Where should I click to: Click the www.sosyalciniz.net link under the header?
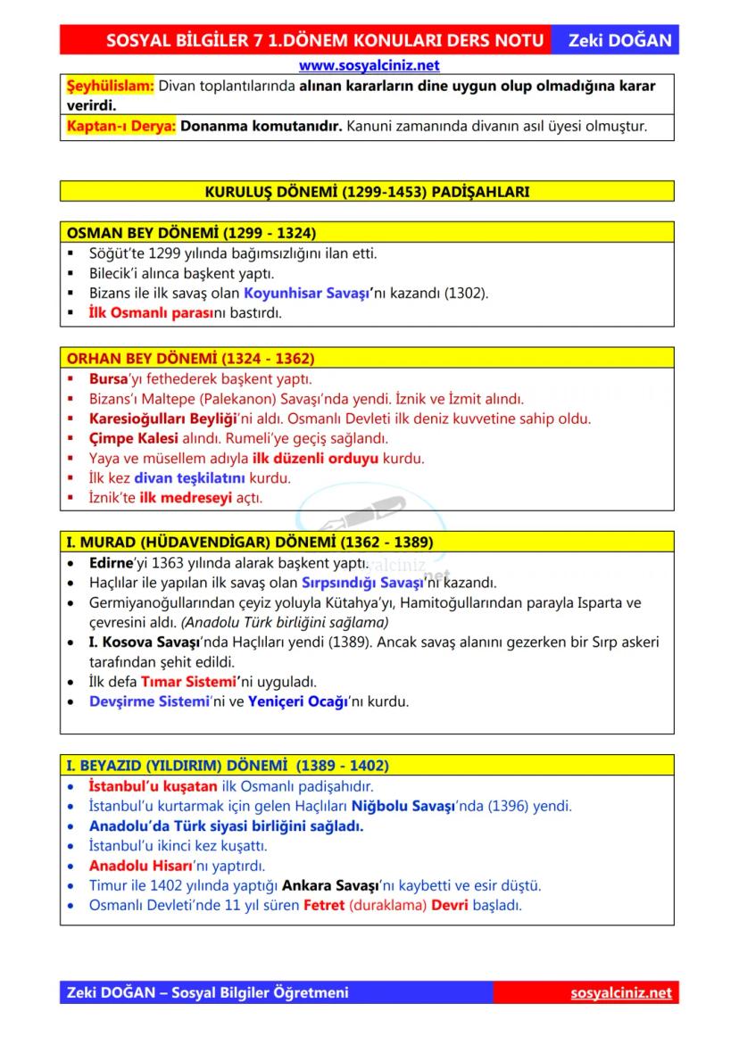click(x=369, y=65)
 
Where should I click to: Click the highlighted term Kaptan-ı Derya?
click(x=122, y=127)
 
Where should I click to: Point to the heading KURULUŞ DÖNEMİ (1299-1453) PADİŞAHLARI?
click(x=367, y=192)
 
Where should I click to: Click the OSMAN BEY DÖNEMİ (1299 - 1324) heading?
click(x=191, y=233)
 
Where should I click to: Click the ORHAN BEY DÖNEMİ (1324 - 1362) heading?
click(x=190, y=359)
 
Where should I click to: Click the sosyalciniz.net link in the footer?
click(x=620, y=993)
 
